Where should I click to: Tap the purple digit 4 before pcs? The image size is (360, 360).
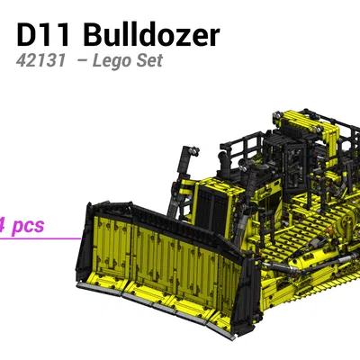(4, 225)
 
